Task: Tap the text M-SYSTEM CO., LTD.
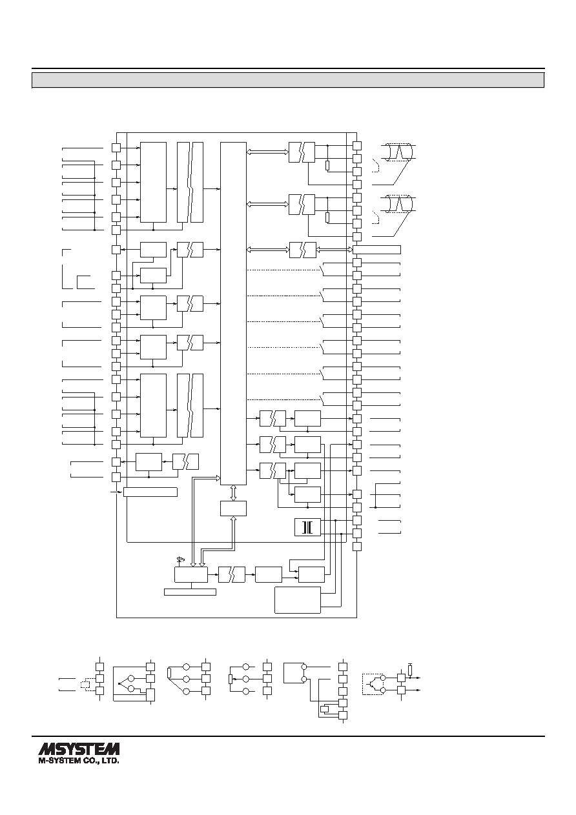(x=79, y=761)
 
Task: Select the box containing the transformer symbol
(x=307, y=528)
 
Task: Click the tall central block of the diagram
(x=233, y=313)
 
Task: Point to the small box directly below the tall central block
(x=233, y=508)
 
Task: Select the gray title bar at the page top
(x=288, y=80)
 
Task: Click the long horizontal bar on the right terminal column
(x=377, y=250)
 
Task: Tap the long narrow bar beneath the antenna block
(x=190, y=592)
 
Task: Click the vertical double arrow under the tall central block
(x=233, y=493)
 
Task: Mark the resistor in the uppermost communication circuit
(x=327, y=166)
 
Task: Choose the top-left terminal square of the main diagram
(x=116, y=147)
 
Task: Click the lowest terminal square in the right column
(x=357, y=547)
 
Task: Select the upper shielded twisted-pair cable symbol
(x=398, y=152)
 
